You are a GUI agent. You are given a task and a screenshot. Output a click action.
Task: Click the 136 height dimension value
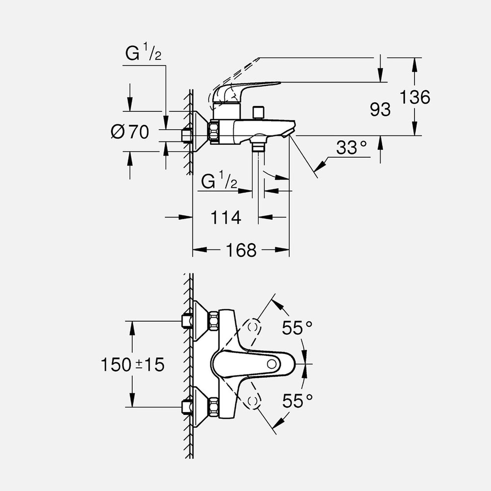[x=414, y=97]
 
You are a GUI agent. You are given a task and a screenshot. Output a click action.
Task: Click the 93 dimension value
[x=380, y=109]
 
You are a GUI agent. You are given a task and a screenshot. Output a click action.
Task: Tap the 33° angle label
[x=352, y=147]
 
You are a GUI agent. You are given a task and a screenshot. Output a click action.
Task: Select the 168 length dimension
[x=241, y=250]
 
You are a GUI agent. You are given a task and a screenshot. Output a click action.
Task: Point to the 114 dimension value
[x=226, y=217]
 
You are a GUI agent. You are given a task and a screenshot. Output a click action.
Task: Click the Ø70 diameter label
[x=130, y=132]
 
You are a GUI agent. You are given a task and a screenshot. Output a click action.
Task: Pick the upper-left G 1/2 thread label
[x=143, y=53]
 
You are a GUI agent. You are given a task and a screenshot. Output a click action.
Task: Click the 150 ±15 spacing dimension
[x=133, y=364]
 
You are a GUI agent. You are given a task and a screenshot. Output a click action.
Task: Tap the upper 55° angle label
[x=297, y=327]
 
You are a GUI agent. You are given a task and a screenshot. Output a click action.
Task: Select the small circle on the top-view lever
[x=272, y=364]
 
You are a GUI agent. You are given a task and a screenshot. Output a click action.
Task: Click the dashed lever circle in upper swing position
[x=253, y=326]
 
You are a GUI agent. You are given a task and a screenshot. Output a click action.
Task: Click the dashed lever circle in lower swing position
[x=253, y=402]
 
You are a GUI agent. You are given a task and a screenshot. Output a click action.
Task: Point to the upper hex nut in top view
[x=213, y=321]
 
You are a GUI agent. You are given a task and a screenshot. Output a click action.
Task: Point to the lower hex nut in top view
[x=213, y=407]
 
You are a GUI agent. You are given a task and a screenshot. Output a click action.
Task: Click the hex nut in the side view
[x=215, y=132]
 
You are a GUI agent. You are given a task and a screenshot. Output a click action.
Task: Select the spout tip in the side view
[x=290, y=130]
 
